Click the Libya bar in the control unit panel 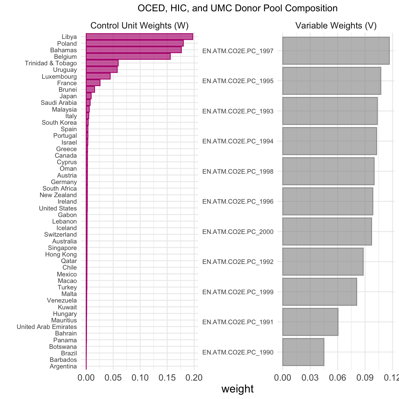point(140,37)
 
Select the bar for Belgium point(128,57)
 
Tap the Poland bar point(135,43)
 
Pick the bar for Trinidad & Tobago point(102,63)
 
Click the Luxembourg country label point(59,77)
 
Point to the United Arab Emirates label point(47,327)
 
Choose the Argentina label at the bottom point(63,366)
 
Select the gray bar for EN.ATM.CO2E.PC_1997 point(336,50)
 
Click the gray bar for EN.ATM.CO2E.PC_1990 point(303,352)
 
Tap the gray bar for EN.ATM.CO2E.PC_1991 point(310,322)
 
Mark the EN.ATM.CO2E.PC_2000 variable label point(238,232)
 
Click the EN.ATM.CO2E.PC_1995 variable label point(238,81)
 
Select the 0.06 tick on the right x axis point(338,378)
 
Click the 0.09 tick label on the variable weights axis point(365,378)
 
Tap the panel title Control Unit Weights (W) point(139,26)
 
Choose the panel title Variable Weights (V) point(336,26)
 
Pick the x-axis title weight point(237,389)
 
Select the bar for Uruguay point(102,70)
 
